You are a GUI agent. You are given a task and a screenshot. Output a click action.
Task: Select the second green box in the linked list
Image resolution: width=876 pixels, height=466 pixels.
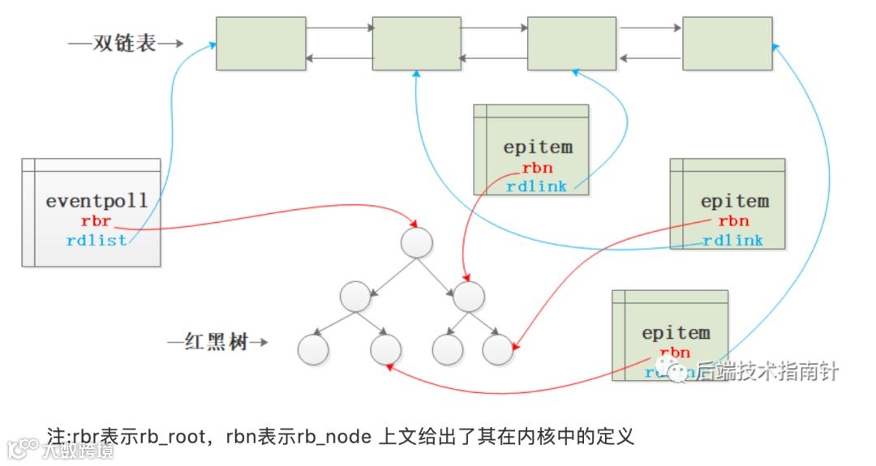click(x=416, y=43)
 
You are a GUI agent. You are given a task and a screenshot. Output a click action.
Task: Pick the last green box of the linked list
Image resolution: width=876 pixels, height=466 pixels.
click(x=728, y=43)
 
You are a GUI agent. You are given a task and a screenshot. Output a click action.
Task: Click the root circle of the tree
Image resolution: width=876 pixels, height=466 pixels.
click(x=417, y=243)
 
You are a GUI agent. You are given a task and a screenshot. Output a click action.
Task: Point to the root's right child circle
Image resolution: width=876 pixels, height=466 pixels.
click(x=469, y=296)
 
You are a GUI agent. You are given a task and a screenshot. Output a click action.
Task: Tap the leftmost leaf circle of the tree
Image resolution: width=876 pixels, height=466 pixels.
click(x=312, y=349)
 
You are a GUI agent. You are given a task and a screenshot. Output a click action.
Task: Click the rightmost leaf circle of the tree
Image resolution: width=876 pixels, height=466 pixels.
click(x=498, y=349)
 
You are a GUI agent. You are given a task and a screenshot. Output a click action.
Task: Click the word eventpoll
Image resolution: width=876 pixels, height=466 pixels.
click(x=97, y=200)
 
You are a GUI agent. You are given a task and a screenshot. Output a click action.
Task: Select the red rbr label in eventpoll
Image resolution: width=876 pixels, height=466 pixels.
click(x=96, y=221)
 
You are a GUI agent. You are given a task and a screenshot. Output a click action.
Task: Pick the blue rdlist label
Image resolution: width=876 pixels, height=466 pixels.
click(x=97, y=241)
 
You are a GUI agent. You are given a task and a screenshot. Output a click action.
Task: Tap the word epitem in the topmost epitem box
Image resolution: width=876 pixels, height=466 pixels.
click(x=538, y=147)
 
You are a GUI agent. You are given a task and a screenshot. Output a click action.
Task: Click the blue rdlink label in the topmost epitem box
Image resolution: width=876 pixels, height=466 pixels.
click(x=537, y=187)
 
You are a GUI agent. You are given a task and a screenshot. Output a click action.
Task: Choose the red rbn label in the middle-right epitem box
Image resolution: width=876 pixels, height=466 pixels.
click(x=733, y=221)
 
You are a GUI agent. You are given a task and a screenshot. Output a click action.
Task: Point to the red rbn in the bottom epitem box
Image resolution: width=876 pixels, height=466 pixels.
click(x=675, y=353)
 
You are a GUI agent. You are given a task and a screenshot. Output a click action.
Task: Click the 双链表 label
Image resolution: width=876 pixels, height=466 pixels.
click(x=124, y=44)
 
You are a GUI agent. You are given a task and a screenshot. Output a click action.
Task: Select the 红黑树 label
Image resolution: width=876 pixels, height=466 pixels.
click(x=216, y=343)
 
